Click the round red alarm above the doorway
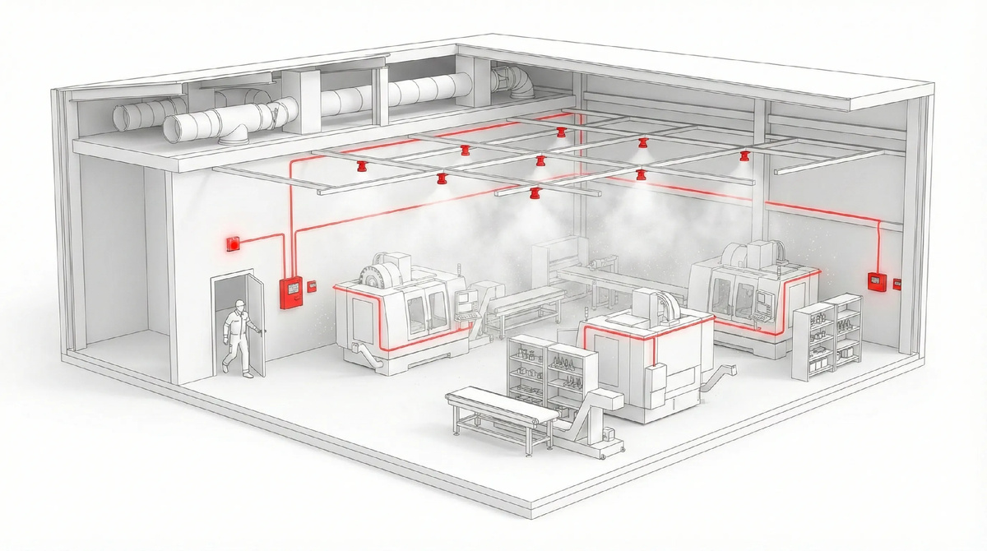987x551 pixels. tap(233, 243)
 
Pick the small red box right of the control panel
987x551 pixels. tap(312, 286)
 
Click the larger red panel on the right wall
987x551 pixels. tap(875, 280)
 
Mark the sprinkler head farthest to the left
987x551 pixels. tap(360, 167)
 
